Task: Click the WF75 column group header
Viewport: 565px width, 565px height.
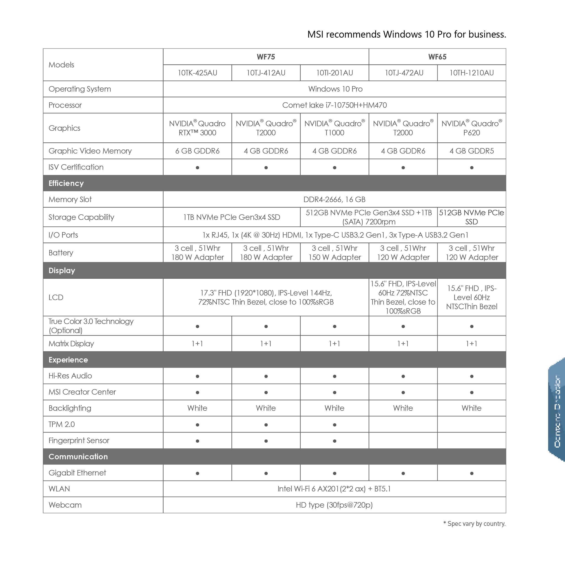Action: [266, 57]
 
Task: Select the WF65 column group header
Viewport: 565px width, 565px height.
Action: [437, 57]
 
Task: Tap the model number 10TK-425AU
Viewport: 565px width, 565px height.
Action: [197, 73]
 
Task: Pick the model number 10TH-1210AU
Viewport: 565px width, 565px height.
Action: [471, 73]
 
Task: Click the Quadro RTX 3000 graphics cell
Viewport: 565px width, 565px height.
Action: [197, 128]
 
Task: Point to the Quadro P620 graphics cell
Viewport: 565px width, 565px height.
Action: [471, 128]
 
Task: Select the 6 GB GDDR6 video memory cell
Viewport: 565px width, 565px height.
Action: [197, 151]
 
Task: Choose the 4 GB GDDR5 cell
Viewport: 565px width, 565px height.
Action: [471, 151]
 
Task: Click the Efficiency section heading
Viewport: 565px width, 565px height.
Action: [66, 183]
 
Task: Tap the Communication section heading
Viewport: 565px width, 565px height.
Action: [78, 457]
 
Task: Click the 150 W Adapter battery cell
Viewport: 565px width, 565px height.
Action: [334, 253]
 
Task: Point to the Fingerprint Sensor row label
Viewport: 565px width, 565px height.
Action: [79, 440]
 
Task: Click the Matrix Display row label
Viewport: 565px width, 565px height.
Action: [71, 344]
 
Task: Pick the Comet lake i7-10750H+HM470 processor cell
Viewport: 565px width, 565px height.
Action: [334, 105]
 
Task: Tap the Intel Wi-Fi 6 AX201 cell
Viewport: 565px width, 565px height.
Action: [334, 489]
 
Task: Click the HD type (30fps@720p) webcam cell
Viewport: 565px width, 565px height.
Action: [334, 505]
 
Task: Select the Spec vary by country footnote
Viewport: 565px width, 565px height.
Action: [474, 524]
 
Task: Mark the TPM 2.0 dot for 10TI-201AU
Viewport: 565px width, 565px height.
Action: [334, 425]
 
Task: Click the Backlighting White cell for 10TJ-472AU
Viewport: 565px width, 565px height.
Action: [403, 408]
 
